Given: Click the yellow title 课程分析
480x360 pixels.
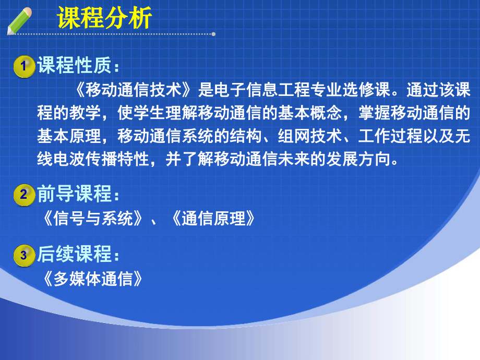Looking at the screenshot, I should [104, 19].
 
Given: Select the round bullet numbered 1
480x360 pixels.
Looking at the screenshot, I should [23, 67].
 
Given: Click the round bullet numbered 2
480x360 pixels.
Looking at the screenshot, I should [23, 195].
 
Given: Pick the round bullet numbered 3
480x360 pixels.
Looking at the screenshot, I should [23, 255].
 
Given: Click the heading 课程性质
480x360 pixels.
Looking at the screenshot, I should [78, 67].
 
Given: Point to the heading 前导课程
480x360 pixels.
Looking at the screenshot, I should [78, 195].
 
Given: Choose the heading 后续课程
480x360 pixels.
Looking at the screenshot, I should [78, 255].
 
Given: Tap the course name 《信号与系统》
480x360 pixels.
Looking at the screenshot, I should [92, 219].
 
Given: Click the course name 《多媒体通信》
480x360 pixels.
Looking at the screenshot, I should [92, 279].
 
